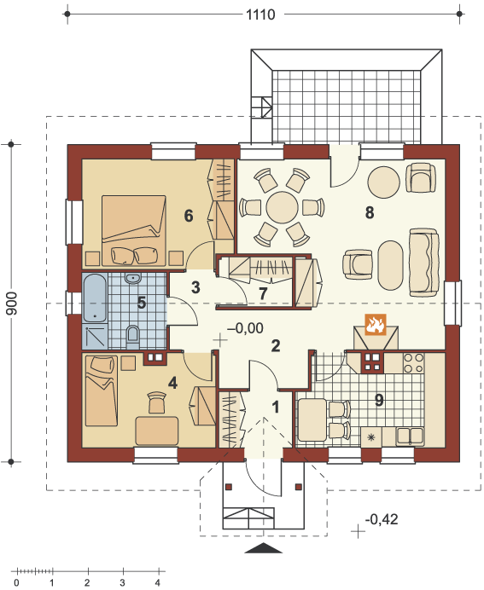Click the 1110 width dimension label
260,14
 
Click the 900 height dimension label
11,304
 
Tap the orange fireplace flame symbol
375,324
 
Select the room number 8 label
370,212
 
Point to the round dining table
282,207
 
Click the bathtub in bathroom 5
95,298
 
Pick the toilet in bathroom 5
132,336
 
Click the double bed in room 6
134,230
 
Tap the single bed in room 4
102,391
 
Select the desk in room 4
157,431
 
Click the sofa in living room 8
423,263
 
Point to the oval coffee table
391,265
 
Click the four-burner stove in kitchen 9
413,362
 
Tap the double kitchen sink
410,436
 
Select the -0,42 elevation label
382,519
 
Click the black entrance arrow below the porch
263,548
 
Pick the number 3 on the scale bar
122,583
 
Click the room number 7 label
263,293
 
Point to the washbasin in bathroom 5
132,279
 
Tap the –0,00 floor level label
245,328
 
